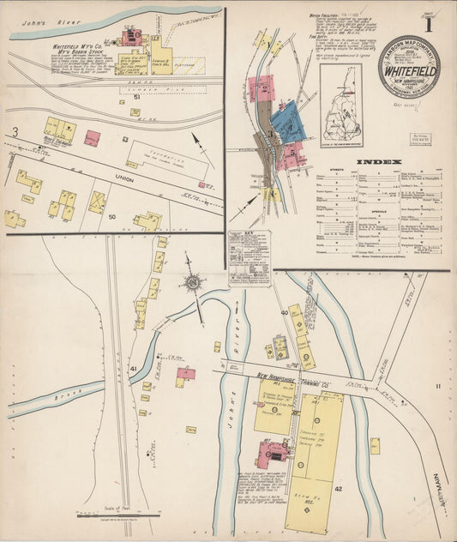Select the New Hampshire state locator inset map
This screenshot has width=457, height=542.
coord(341,102)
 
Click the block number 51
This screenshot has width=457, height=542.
coord(136,99)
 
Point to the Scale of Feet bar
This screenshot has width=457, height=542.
coord(107,516)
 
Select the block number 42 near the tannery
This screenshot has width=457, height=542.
coord(338,488)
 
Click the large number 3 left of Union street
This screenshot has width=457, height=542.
coord(15,131)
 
